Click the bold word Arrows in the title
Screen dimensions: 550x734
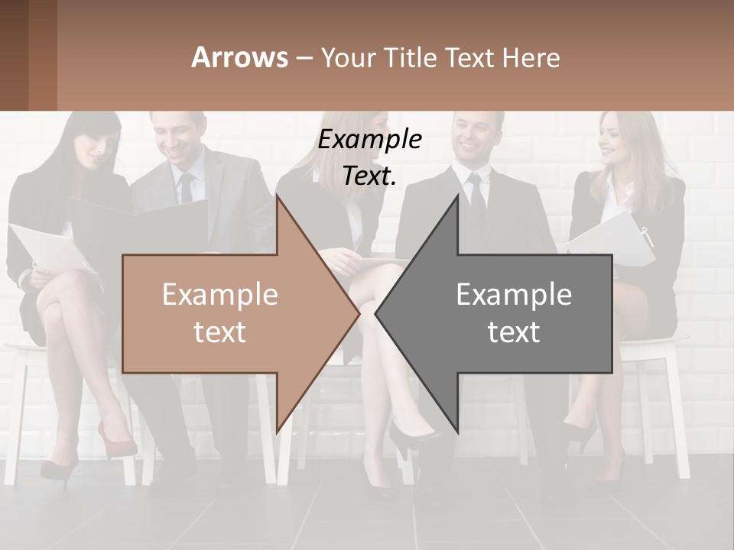coord(239,57)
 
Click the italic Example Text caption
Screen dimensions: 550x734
coord(370,157)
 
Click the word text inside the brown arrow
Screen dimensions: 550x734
coord(219,332)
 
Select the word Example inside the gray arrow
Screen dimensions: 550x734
coord(514,295)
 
